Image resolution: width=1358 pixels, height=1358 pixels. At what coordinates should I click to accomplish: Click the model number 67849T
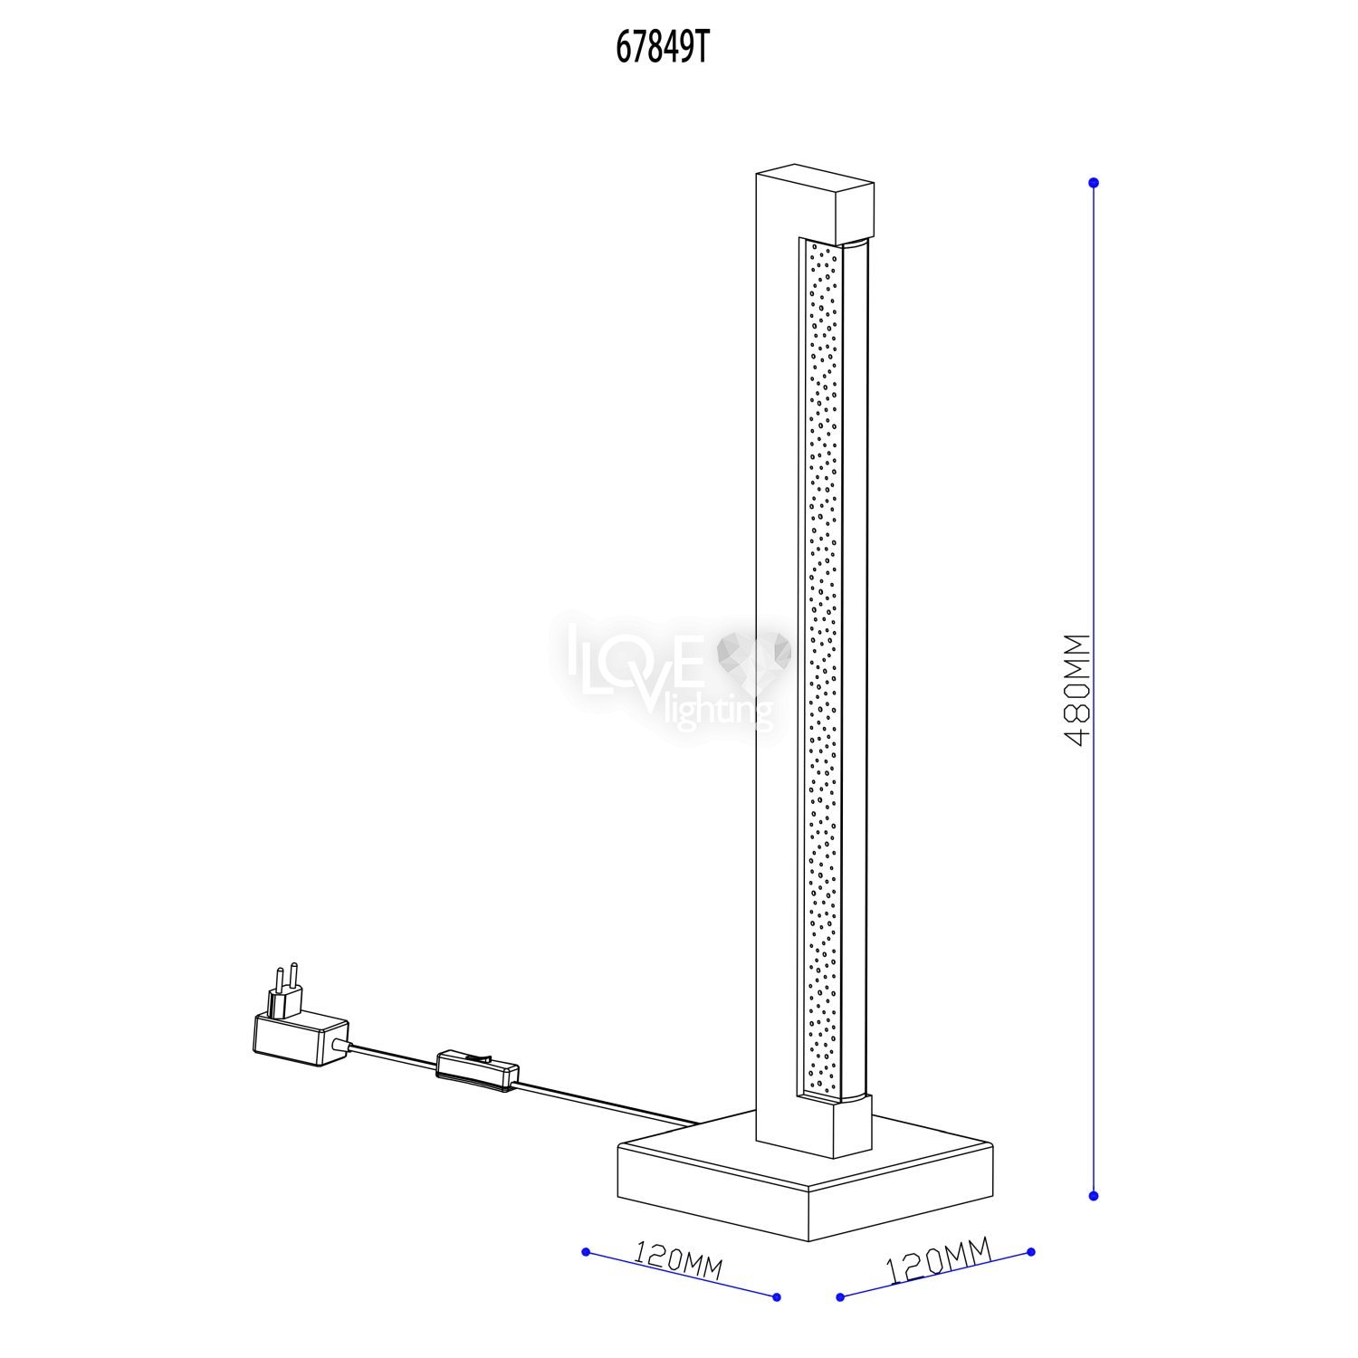pyautogui.click(x=660, y=50)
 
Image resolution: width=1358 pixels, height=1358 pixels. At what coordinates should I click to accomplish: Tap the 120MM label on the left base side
pyautogui.click(x=678, y=1261)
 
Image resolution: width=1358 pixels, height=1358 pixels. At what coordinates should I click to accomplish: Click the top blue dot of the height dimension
pyautogui.click(x=1094, y=183)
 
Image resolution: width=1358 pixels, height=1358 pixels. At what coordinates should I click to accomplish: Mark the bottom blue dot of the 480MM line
pyautogui.click(x=1094, y=1196)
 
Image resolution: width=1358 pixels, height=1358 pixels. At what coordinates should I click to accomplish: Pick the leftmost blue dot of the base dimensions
pyautogui.click(x=586, y=1252)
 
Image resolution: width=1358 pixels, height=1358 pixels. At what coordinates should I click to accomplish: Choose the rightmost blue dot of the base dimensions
pyautogui.click(x=1031, y=1253)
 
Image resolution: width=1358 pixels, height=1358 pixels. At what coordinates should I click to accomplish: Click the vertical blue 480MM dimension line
pyautogui.click(x=1094, y=689)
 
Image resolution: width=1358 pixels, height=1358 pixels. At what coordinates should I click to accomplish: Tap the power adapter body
pyautogui.click(x=300, y=1038)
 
